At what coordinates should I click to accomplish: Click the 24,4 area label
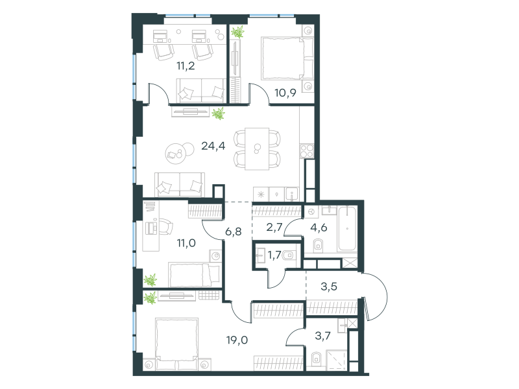[x=213, y=146]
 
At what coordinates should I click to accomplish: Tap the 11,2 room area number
[x=186, y=66]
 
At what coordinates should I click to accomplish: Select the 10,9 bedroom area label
[x=285, y=93]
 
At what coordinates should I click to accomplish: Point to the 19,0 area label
[x=237, y=340]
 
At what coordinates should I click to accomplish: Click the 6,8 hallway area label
[x=234, y=231]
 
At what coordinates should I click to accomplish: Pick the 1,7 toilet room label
[x=274, y=255]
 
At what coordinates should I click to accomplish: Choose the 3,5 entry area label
[x=329, y=286]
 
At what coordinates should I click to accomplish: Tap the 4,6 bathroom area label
[x=319, y=228]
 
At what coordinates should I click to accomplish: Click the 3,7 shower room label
[x=322, y=336]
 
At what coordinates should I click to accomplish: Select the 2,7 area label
[x=274, y=228]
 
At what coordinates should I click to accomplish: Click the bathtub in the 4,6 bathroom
[x=347, y=229]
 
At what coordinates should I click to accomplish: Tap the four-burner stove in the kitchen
[x=307, y=151]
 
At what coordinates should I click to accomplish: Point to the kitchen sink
[x=292, y=194]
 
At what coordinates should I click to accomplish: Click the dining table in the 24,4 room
[x=257, y=149]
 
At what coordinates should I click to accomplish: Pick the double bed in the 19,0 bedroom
[x=176, y=344]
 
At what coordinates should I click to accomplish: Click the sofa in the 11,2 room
[x=201, y=90]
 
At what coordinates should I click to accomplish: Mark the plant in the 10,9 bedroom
[x=237, y=32]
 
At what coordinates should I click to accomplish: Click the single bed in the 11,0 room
[x=194, y=274]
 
